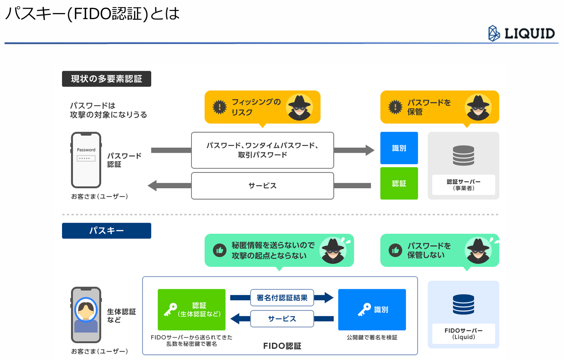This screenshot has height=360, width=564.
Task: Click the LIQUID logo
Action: coord(521,33)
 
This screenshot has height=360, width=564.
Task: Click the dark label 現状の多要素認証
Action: coord(106,79)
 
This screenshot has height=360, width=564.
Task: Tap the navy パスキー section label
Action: coord(106,230)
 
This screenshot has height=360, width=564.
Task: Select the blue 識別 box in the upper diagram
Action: coord(399,148)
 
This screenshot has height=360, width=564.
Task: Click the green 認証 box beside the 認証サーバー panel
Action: coord(399,183)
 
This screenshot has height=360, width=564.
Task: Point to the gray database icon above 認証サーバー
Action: coord(463,155)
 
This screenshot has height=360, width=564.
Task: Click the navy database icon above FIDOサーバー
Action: coord(463,304)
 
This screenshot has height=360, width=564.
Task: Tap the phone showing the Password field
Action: coord(86,160)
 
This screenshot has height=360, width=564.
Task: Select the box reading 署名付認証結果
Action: coord(282,298)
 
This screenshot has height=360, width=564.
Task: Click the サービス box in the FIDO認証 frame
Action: coord(282,319)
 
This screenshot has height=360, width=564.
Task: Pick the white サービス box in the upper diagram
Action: coord(262,186)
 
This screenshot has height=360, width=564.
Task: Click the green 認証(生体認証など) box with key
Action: coord(191,310)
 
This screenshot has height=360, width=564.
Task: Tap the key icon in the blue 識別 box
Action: coord(365,310)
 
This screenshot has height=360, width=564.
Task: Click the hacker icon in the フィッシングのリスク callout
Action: coord(299,107)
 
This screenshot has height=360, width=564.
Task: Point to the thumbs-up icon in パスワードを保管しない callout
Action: coord(395,250)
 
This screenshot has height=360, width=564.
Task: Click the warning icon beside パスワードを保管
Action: coord(395,107)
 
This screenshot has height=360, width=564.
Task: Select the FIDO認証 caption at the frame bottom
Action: coord(282,346)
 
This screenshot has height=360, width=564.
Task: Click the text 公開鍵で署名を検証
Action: coord(372,337)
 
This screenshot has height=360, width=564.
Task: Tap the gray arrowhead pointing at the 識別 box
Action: coord(370,150)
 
